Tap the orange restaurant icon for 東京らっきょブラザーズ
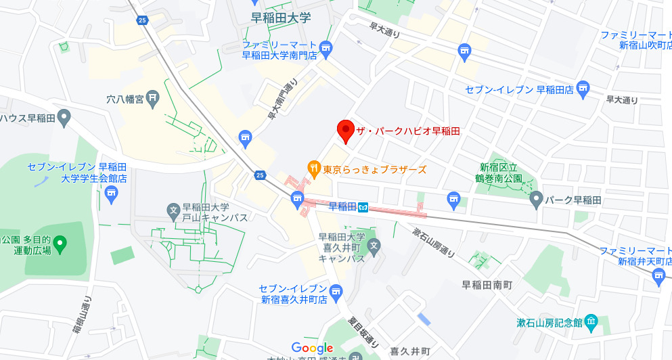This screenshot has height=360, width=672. (314, 168)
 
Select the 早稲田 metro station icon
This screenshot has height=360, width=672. (363, 207)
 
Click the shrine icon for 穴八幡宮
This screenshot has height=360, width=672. (152, 99)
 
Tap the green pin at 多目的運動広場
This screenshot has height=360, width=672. (60, 243)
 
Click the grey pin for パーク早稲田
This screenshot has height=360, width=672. (536, 199)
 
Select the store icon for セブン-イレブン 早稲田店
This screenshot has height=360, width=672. (583, 88)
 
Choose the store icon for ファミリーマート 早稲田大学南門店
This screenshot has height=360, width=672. (326, 47)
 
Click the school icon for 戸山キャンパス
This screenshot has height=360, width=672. (173, 208)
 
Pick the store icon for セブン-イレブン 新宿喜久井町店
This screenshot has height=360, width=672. (336, 291)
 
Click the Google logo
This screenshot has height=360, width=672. (313, 348)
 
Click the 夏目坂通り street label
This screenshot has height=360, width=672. (362, 333)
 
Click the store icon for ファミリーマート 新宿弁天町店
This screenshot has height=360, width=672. (659, 274)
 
